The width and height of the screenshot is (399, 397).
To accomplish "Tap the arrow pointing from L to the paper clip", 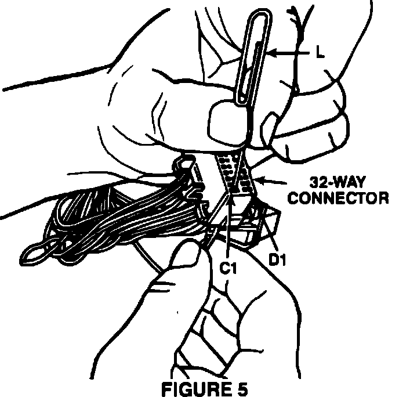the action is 286,53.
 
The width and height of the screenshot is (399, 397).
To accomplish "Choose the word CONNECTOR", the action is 338,198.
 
